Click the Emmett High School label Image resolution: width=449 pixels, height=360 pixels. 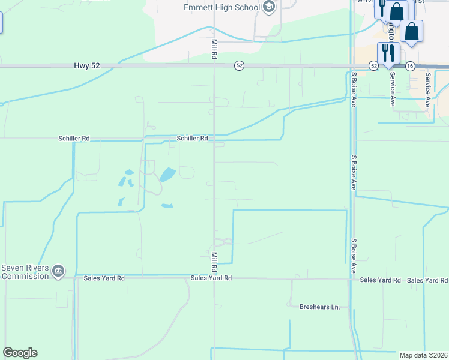tap(221, 8)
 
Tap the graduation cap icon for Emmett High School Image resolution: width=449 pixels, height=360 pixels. tap(269, 8)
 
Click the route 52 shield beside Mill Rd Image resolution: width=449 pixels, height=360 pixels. tap(239, 65)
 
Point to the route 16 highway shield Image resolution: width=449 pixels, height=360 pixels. tap(410, 65)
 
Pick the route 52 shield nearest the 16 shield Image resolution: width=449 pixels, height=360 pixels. tap(373, 65)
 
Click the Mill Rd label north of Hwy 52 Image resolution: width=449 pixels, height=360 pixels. tap(214, 48)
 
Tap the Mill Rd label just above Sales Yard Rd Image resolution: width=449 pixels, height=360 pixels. tap(214, 257)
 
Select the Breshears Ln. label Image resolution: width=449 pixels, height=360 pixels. tap(319, 307)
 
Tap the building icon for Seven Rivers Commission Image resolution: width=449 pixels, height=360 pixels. tap(58, 271)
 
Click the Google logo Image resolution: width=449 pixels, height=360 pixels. tap(20, 353)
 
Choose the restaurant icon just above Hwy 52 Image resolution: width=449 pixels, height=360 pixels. tap(388, 52)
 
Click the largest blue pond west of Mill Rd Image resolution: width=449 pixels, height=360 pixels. tap(167, 175)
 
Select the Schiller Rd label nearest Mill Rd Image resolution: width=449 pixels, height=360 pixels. tap(192, 138)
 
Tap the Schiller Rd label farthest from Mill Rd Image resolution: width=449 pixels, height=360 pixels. tap(74, 138)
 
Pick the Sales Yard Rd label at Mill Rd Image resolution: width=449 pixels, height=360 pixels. tap(211, 278)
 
